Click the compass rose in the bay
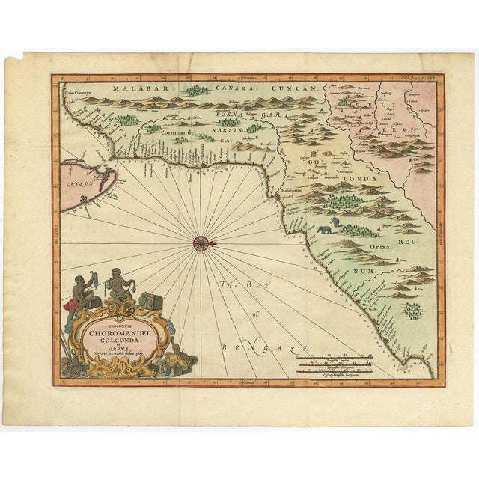pos(201,242)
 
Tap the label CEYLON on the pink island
pos(77,182)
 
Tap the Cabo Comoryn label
pos(79,94)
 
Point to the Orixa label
pos(378,245)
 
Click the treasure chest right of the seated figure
pos(153,299)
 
